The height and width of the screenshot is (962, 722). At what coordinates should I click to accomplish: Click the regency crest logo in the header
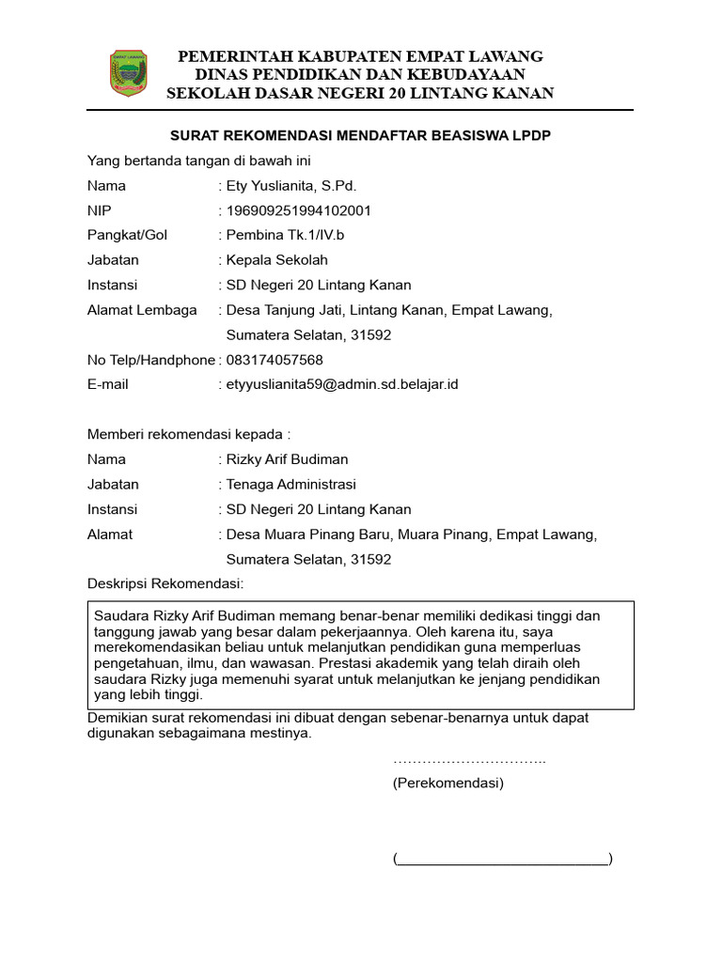[129, 73]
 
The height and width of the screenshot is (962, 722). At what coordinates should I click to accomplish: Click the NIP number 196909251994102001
[299, 210]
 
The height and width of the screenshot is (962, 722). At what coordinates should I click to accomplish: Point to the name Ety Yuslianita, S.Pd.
[291, 185]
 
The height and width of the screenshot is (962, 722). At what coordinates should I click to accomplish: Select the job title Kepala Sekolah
[277, 260]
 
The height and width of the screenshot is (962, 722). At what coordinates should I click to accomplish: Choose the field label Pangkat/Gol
[127, 235]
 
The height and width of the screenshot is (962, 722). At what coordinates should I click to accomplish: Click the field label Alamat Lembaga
[142, 310]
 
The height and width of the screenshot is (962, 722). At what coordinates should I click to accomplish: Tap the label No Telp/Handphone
[151, 360]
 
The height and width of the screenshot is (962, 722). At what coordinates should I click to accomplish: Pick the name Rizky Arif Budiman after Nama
[287, 459]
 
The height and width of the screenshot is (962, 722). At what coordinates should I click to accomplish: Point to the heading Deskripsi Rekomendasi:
[165, 584]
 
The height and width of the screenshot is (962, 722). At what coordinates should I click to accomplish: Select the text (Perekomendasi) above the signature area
[448, 784]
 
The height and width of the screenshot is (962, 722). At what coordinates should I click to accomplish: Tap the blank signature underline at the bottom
[503, 859]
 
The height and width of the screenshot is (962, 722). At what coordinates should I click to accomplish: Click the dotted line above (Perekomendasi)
[469, 760]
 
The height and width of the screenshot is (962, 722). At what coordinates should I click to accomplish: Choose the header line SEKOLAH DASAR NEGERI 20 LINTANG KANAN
[360, 92]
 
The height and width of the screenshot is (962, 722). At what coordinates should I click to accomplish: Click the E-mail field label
[108, 384]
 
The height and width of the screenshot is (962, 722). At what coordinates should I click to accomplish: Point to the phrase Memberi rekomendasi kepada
[189, 435]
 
